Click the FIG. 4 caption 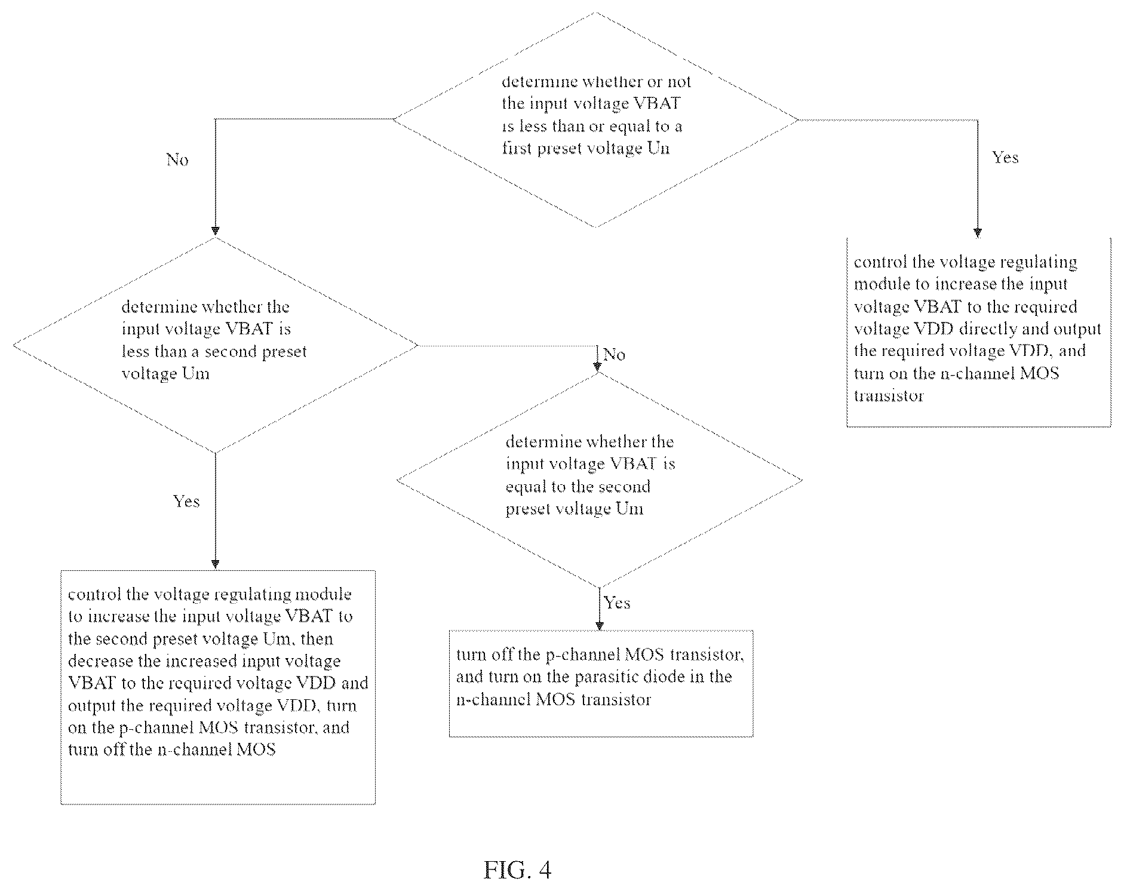pos(517,870)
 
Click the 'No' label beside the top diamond pos(177,159)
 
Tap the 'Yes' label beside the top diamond pos(1005,157)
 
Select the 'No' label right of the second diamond pos(614,354)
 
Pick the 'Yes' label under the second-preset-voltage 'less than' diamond pos(186,501)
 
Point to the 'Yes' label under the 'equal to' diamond pos(617,603)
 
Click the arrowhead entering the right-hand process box pos(978,233)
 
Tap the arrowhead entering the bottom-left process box pos(216,564)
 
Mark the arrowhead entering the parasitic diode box pos(600,625)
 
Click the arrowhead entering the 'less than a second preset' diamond pos(216,231)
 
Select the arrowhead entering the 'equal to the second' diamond pos(597,367)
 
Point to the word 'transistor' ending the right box pos(889,395)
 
